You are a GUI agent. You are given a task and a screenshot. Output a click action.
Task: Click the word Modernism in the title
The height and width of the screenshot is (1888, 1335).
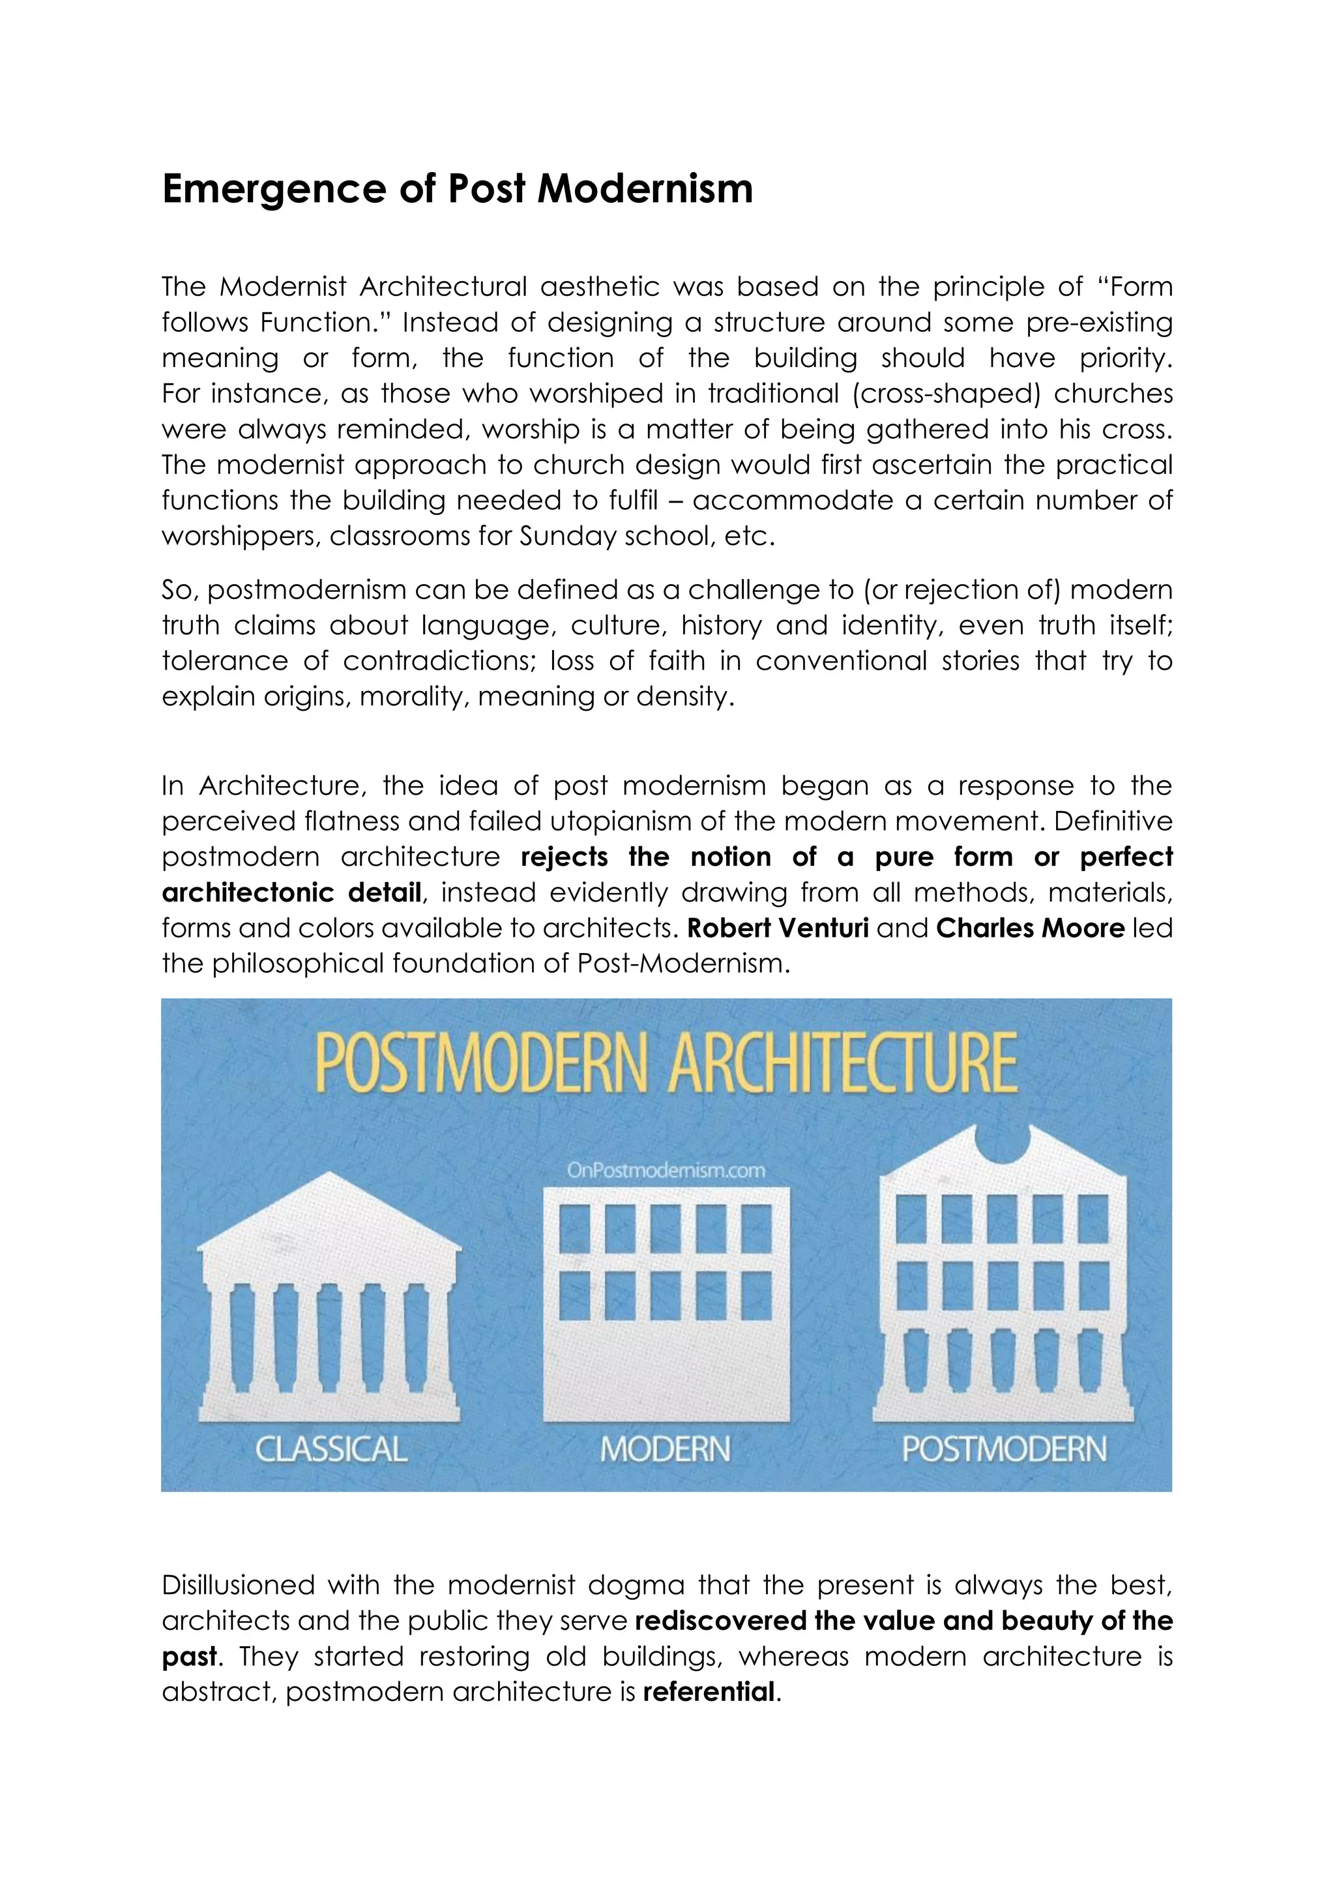pos(645,188)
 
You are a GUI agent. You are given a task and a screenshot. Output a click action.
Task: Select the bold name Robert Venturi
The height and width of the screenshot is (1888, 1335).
pos(778,928)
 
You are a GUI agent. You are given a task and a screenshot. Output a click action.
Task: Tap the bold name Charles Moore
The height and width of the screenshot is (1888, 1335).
pos(1030,928)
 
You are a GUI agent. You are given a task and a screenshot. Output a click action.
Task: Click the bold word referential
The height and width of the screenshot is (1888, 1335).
pos(709,1692)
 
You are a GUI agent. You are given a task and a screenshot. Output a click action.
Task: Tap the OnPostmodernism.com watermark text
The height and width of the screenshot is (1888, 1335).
pos(666,1170)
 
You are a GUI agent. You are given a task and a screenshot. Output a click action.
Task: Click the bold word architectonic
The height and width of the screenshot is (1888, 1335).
pos(246,893)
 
